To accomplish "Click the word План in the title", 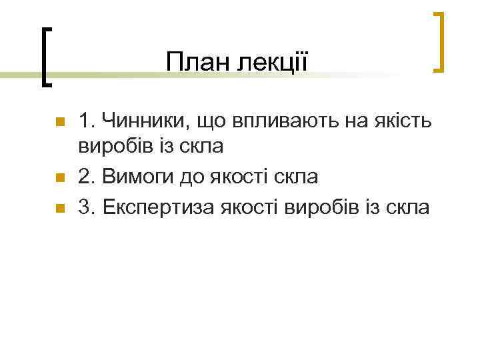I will [193, 63].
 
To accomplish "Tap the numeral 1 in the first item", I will [83, 123].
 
